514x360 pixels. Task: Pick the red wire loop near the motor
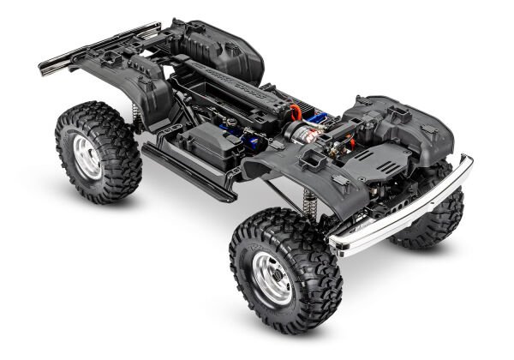click(x=296, y=111)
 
